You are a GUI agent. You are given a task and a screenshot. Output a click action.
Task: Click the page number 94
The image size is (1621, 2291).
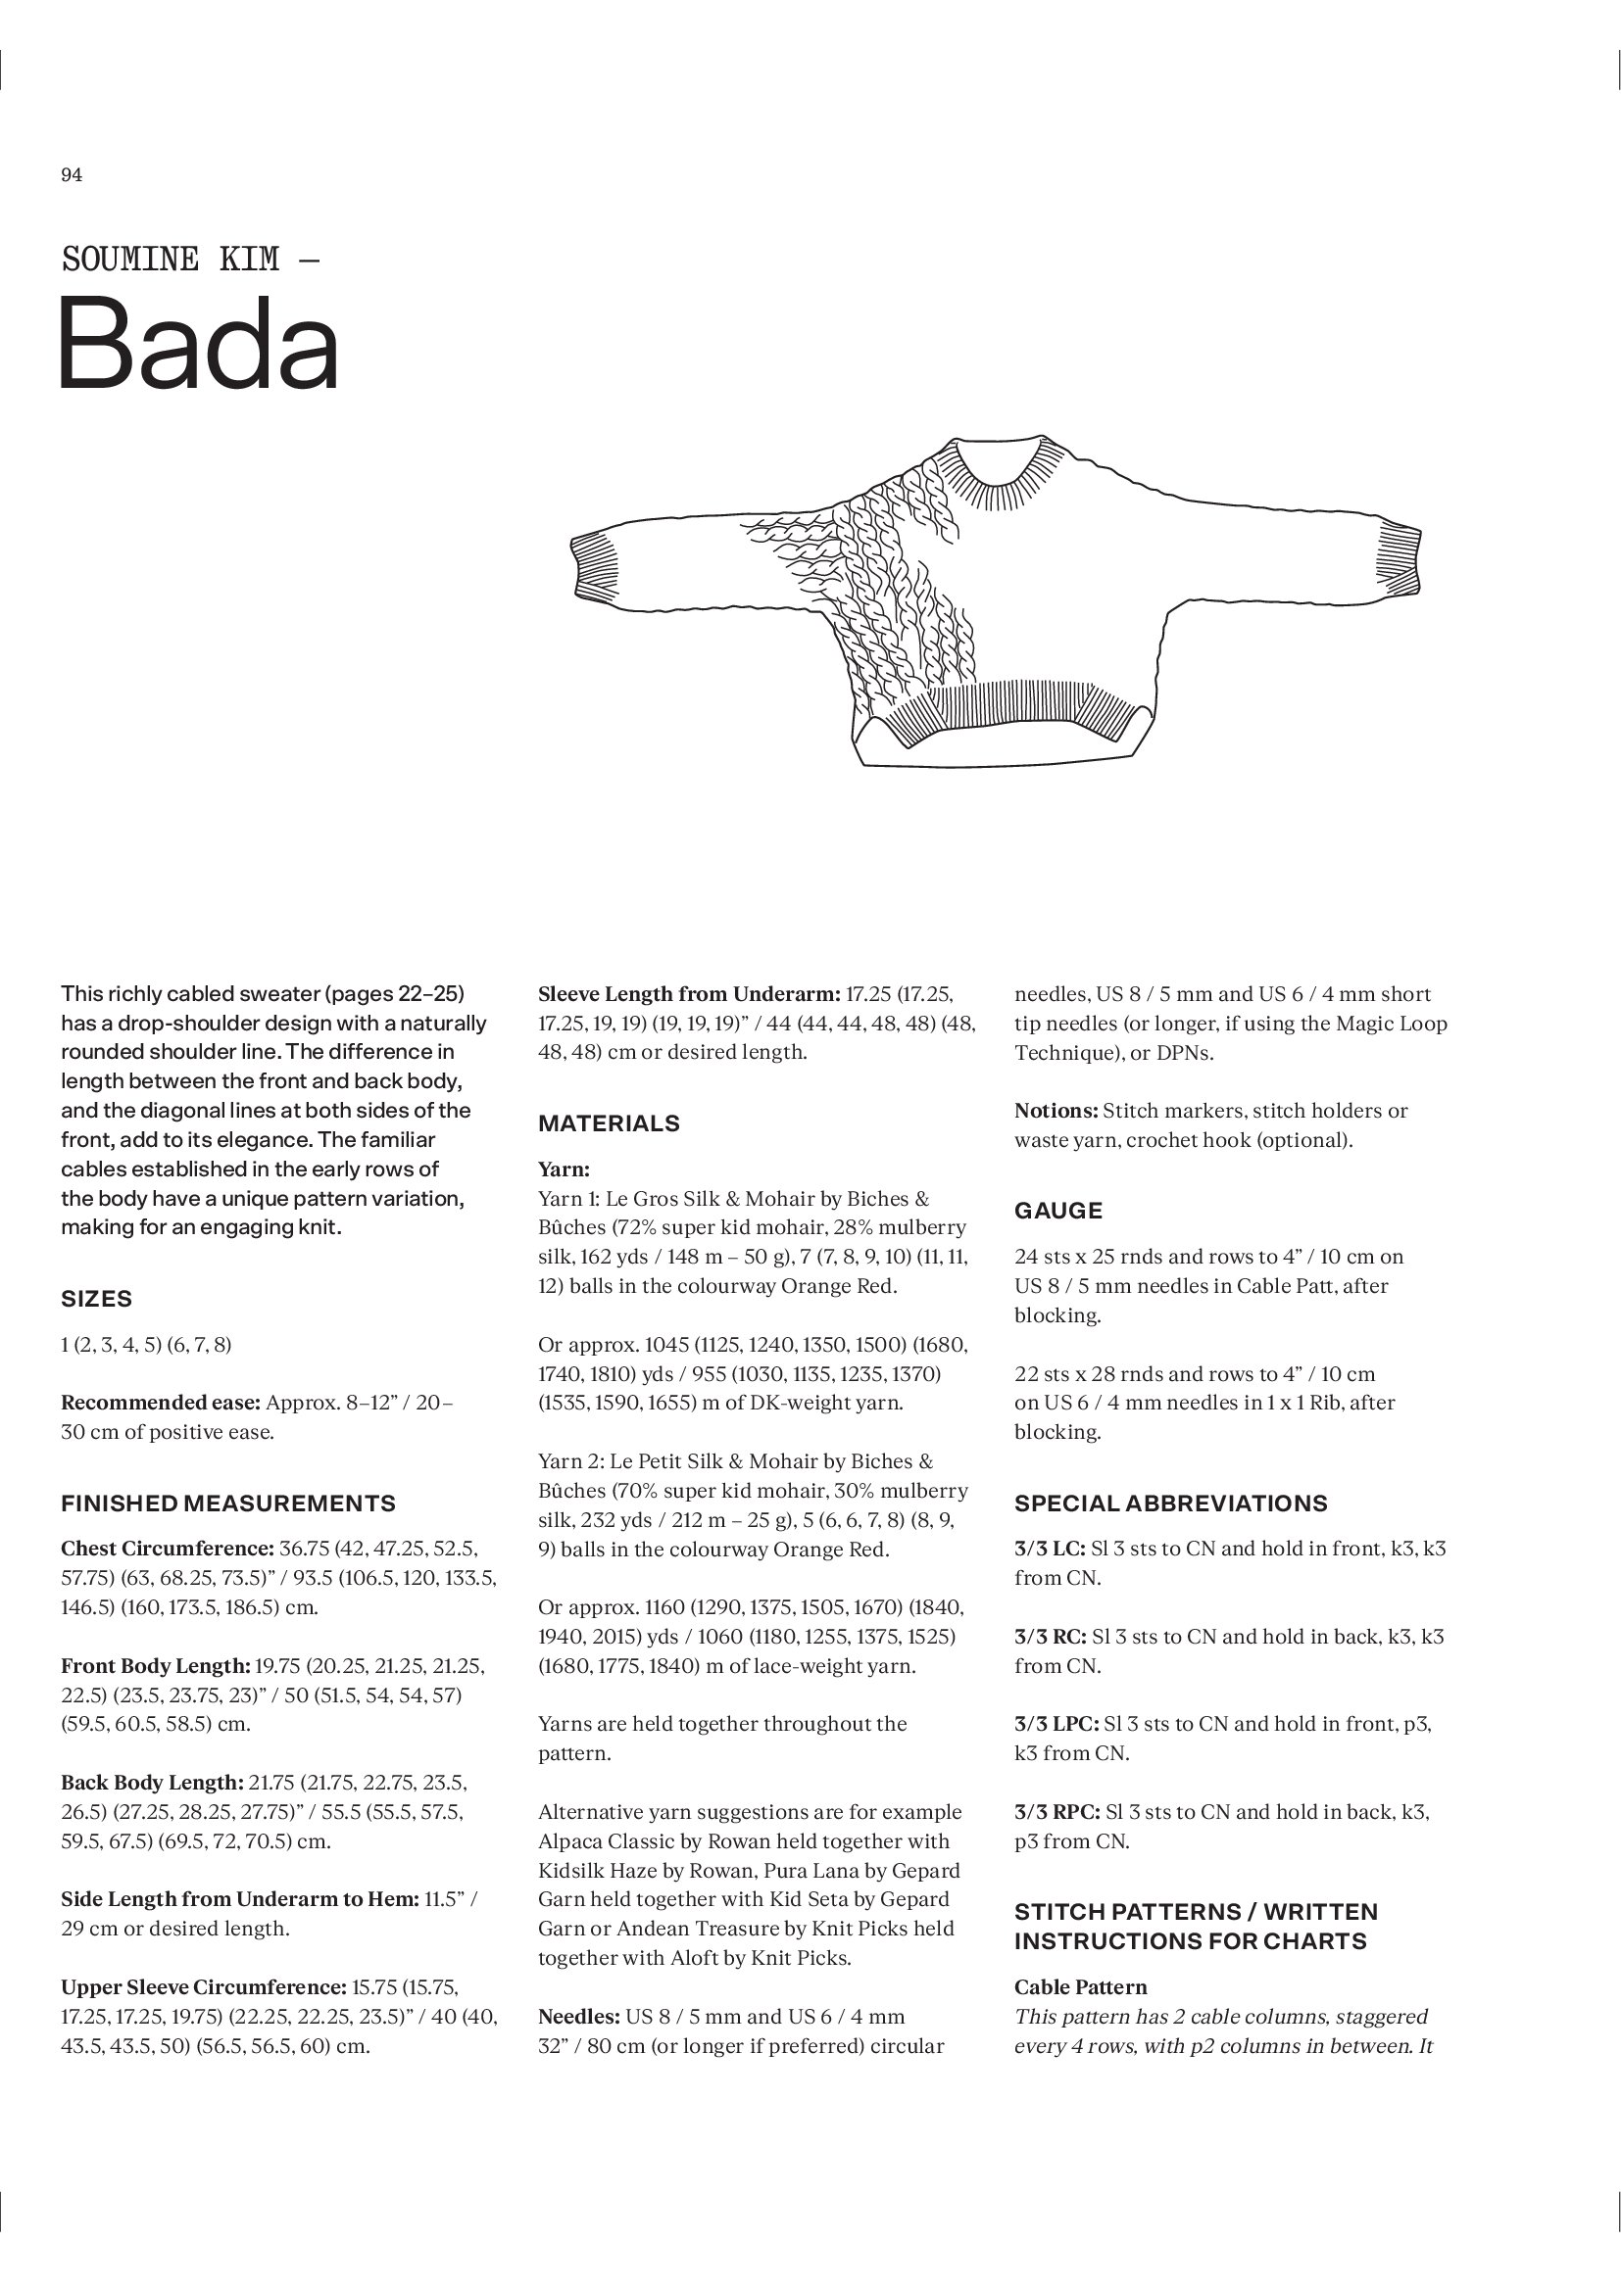(x=72, y=175)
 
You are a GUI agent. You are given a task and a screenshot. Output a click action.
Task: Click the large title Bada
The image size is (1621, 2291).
(x=200, y=344)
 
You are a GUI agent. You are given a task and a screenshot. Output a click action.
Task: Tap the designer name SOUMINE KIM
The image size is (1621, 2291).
(x=171, y=260)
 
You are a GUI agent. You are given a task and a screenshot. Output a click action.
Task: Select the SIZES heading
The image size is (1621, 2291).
(x=97, y=1298)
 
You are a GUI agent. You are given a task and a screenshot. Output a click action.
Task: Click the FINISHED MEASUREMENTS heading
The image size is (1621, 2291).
(x=228, y=1503)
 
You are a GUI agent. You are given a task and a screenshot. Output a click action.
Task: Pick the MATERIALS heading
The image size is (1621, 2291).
(x=609, y=1123)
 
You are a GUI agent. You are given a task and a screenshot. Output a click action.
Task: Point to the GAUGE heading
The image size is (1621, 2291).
(x=1058, y=1211)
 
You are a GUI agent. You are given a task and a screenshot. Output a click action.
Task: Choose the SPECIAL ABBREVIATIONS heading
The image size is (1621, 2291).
(x=1171, y=1503)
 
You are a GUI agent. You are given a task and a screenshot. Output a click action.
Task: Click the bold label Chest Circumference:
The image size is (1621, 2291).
(x=167, y=1549)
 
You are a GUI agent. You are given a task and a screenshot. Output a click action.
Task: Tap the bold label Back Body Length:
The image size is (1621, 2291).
(x=152, y=1782)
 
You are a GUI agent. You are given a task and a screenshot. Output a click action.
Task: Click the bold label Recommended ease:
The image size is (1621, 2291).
(x=162, y=1402)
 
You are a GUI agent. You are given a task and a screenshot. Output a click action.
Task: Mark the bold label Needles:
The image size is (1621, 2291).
(x=581, y=2017)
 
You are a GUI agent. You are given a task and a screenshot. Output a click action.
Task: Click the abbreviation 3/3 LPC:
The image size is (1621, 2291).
(x=1056, y=1723)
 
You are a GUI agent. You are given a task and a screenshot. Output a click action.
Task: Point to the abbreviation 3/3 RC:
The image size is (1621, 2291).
(x=1051, y=1637)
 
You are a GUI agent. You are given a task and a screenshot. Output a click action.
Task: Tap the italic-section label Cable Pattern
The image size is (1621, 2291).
(x=1080, y=1986)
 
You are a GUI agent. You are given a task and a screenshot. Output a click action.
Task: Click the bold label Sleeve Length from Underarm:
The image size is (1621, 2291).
(x=689, y=994)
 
